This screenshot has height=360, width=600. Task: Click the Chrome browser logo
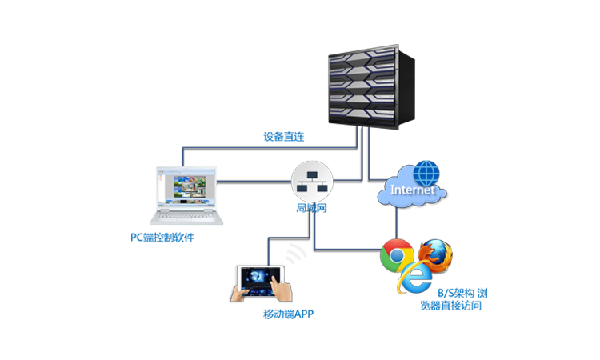coord(395,255)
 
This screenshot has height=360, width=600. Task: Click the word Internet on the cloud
coord(411,190)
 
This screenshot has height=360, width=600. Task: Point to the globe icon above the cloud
coord(429,171)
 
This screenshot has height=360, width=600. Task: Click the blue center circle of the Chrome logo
coord(395,256)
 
